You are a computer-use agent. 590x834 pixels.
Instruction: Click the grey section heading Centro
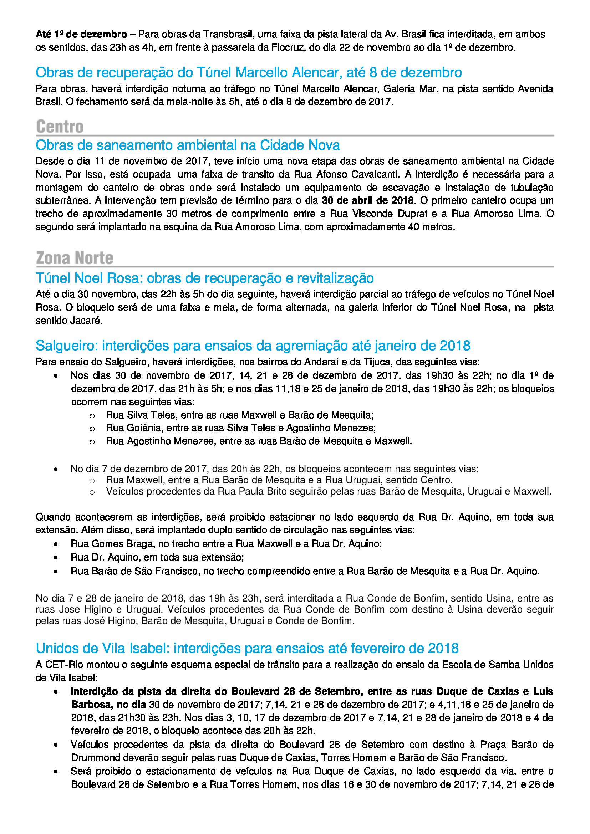60,127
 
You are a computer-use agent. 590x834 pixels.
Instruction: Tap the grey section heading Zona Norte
75,258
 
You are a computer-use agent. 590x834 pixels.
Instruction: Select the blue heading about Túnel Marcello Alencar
249,73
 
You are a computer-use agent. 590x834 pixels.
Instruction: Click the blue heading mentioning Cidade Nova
188,145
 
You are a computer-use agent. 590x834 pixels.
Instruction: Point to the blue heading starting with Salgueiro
253,345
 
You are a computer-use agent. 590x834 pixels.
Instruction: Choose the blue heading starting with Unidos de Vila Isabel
247,648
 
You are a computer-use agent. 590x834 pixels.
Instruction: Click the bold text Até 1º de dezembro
81,35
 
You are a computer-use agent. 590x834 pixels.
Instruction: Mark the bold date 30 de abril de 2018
368,200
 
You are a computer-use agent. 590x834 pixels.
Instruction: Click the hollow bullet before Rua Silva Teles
92,415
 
